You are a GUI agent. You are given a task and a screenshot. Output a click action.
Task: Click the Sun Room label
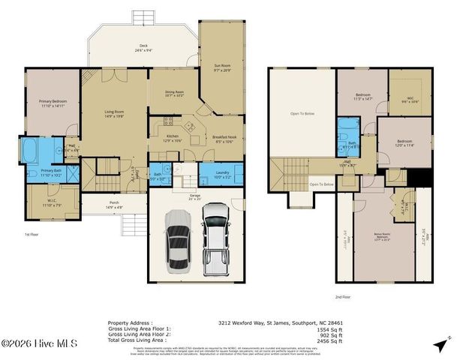(x=222, y=68)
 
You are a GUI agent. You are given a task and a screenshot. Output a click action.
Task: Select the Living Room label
(x=113, y=114)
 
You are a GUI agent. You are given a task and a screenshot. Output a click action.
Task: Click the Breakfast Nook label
(x=224, y=139)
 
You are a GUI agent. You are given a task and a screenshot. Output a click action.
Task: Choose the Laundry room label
(x=222, y=175)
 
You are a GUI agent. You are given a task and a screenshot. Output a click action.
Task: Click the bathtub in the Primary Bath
(x=30, y=151)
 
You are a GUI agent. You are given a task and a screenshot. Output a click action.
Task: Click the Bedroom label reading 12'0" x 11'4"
(x=404, y=142)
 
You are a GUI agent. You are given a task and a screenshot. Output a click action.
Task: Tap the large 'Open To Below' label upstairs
(x=302, y=114)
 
